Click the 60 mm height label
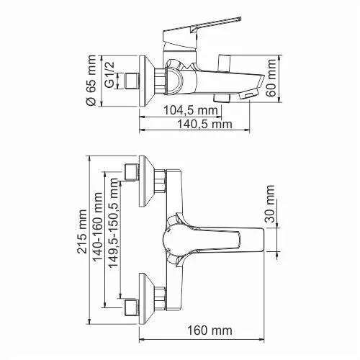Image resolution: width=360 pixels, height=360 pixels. (271, 74)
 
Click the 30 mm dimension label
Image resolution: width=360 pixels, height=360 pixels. (271, 207)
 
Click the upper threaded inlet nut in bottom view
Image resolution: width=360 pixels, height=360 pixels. (131, 172)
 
